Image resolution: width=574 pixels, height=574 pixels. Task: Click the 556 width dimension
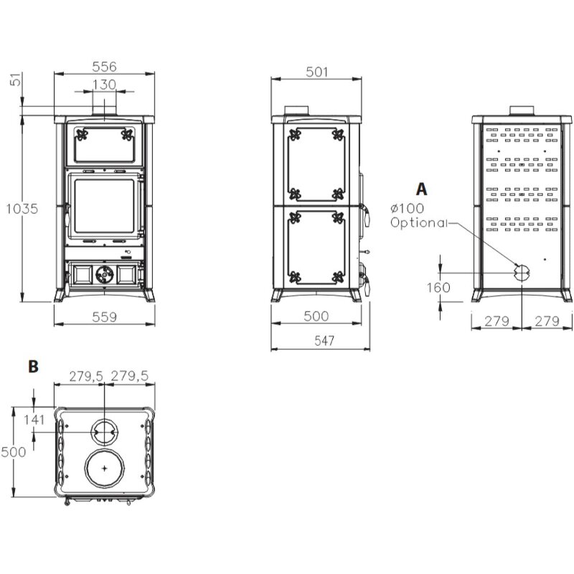[105, 65]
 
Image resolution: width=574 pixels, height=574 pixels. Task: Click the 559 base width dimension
[105, 316]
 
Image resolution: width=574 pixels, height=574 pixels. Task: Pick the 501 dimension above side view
[316, 72]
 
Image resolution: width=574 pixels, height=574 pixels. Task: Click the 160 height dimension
[443, 288]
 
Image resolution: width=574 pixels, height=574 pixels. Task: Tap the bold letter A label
[421, 189]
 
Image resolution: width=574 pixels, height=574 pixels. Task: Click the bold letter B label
[32, 366]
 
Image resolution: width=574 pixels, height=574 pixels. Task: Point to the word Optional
[418, 222]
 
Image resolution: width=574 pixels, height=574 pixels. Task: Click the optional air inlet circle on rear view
[522, 272]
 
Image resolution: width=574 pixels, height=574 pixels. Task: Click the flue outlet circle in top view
[105, 432]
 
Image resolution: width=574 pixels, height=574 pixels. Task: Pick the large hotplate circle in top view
[105, 468]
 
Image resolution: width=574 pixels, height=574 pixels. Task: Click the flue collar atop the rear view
[522, 110]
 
